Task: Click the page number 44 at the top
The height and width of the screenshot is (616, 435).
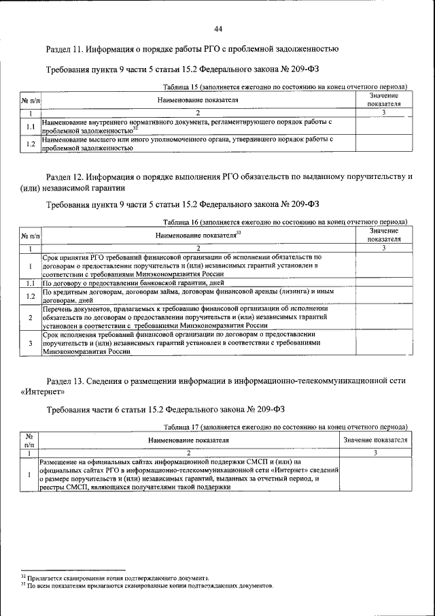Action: pos(217,29)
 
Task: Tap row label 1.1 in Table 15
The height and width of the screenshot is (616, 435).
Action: pos(30,126)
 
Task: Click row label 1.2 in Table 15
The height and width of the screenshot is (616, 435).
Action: pos(30,143)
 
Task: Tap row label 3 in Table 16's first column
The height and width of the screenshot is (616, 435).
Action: pos(30,344)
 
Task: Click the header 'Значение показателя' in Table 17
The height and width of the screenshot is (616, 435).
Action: pos(375,440)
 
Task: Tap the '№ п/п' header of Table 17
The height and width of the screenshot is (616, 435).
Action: pos(29,440)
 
